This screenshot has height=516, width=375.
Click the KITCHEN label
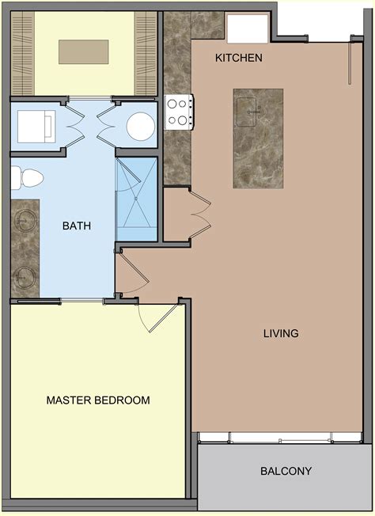click(x=238, y=59)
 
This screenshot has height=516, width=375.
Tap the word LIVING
click(x=280, y=333)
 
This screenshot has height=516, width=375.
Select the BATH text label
click(x=77, y=226)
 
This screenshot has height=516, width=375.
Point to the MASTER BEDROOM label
click(x=97, y=400)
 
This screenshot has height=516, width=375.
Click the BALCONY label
click(x=286, y=472)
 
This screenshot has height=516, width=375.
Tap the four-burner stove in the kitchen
click(x=180, y=112)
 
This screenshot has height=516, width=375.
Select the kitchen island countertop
click(x=258, y=138)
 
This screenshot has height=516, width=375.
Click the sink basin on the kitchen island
click(x=252, y=109)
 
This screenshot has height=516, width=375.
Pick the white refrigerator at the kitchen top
click(x=248, y=28)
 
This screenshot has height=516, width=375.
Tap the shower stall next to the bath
click(x=138, y=198)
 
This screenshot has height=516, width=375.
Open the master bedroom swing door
click(x=154, y=321)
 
